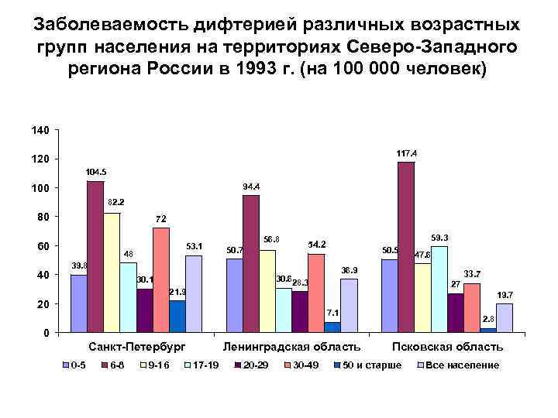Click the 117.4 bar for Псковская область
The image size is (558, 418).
click(406, 248)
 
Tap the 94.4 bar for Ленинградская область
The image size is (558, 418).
click(250, 264)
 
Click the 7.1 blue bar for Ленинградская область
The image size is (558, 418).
click(332, 327)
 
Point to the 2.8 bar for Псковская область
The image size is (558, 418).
click(488, 331)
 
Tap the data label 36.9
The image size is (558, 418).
click(350, 270)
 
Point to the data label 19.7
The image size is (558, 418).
click(505, 295)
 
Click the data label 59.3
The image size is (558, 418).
click(439, 237)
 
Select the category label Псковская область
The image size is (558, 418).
click(447, 347)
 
